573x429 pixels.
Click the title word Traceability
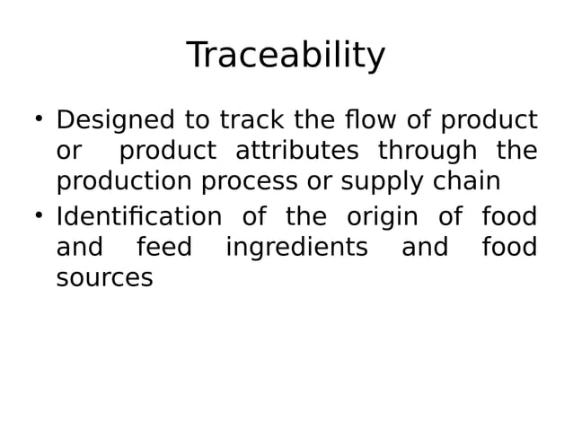pyautogui.click(x=286, y=56)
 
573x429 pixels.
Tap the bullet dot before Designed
pyautogui.click(x=39, y=118)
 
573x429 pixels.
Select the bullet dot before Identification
pyautogui.click(x=39, y=214)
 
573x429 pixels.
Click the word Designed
pyautogui.click(x=115, y=120)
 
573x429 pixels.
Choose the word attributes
pyautogui.click(x=296, y=151)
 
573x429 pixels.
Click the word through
pyautogui.click(x=422, y=151)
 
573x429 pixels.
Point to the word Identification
pyautogui.click(x=139, y=217)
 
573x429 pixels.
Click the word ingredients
pyautogui.click(x=296, y=249)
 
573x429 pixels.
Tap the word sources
pyautogui.click(x=104, y=279)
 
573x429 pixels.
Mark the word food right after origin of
pyautogui.click(x=509, y=217)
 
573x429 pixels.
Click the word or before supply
pyautogui.click(x=319, y=182)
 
